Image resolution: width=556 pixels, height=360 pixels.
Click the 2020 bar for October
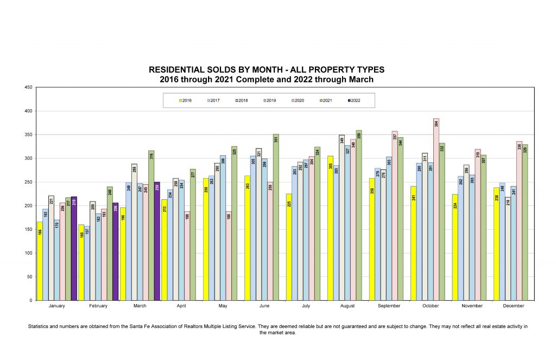tap(436, 209)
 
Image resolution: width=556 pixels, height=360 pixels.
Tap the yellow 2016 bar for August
tap(330, 228)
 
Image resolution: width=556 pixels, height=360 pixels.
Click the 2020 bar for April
tap(187, 256)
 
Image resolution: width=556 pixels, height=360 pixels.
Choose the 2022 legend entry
tap(353, 100)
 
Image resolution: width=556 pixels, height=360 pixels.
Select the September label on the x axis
tap(388, 306)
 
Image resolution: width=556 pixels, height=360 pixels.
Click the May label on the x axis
tap(223, 306)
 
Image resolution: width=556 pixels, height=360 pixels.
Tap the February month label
tap(98, 306)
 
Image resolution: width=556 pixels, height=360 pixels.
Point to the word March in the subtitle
tap(361, 79)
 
